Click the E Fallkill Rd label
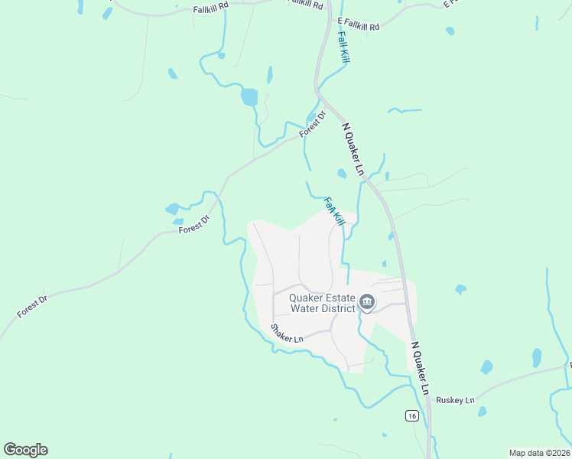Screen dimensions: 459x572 point(358,25)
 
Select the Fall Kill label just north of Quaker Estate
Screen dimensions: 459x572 point(334,211)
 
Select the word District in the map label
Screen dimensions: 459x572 point(337,308)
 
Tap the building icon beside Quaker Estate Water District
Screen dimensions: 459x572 point(367,304)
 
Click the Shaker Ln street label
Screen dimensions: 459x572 point(288,333)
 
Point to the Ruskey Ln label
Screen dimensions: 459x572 point(455,400)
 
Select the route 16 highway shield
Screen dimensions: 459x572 point(411,415)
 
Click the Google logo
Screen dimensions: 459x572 point(25,450)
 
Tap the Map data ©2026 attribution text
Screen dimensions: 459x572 point(540,453)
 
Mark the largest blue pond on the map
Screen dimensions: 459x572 point(249,97)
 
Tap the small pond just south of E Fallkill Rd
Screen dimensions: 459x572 point(450,31)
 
